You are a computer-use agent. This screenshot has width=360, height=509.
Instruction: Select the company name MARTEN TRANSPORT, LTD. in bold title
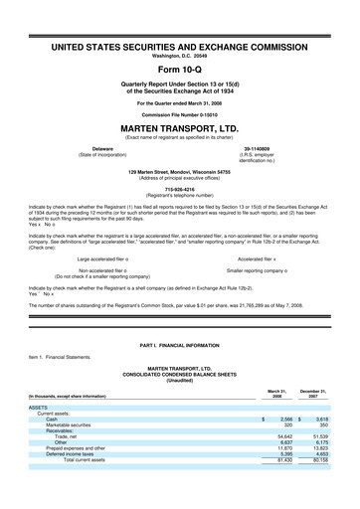click(179, 126)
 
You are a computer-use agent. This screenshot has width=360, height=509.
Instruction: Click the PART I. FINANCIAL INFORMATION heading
click(179, 343)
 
